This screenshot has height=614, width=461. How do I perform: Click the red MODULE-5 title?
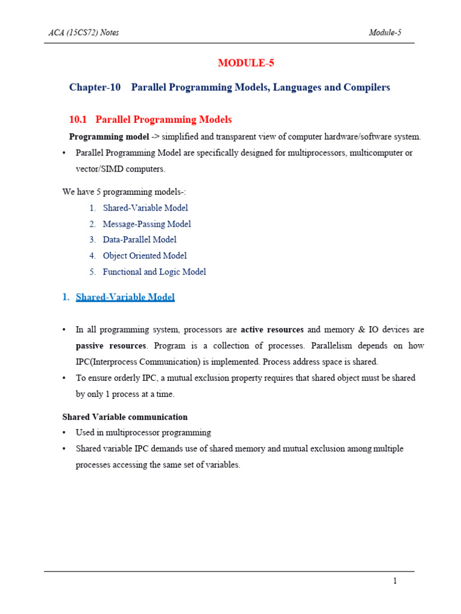pyautogui.click(x=246, y=63)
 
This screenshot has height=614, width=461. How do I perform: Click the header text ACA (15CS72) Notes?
pyautogui.click(x=83, y=32)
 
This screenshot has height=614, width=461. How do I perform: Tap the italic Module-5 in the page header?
pyautogui.click(x=385, y=32)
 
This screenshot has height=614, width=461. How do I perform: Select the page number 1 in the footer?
pyautogui.click(x=394, y=581)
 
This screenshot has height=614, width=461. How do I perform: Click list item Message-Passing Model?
pyautogui.click(x=147, y=224)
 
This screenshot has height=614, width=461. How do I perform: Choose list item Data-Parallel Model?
pyautogui.click(x=140, y=240)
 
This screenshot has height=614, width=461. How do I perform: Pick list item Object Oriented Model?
pyautogui.click(x=145, y=256)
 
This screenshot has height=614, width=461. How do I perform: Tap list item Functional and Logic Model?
pyautogui.click(x=154, y=272)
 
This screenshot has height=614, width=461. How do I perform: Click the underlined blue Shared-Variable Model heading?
pyautogui.click(x=125, y=297)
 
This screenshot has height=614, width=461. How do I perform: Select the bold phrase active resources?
pyautogui.click(x=273, y=330)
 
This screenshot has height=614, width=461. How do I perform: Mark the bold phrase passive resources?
pyautogui.click(x=111, y=346)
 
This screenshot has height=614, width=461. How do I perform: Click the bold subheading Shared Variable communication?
pyautogui.click(x=125, y=417)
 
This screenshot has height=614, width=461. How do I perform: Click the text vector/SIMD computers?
pyautogui.click(x=120, y=169)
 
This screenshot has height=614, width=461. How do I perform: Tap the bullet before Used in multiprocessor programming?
pyautogui.click(x=64, y=433)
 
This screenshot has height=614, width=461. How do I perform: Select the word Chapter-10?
pyautogui.click(x=95, y=88)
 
